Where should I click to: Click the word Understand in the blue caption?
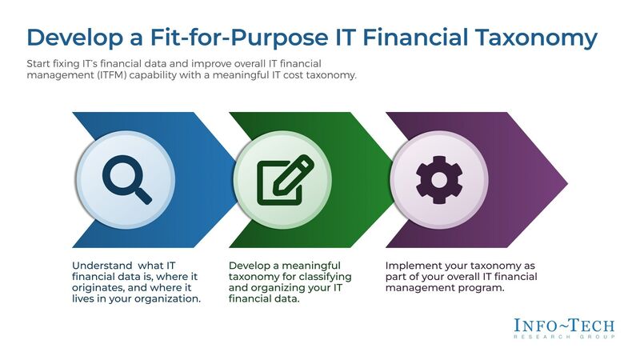[99, 266]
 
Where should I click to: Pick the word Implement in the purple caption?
[413, 266]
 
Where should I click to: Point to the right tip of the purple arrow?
[566, 179]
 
